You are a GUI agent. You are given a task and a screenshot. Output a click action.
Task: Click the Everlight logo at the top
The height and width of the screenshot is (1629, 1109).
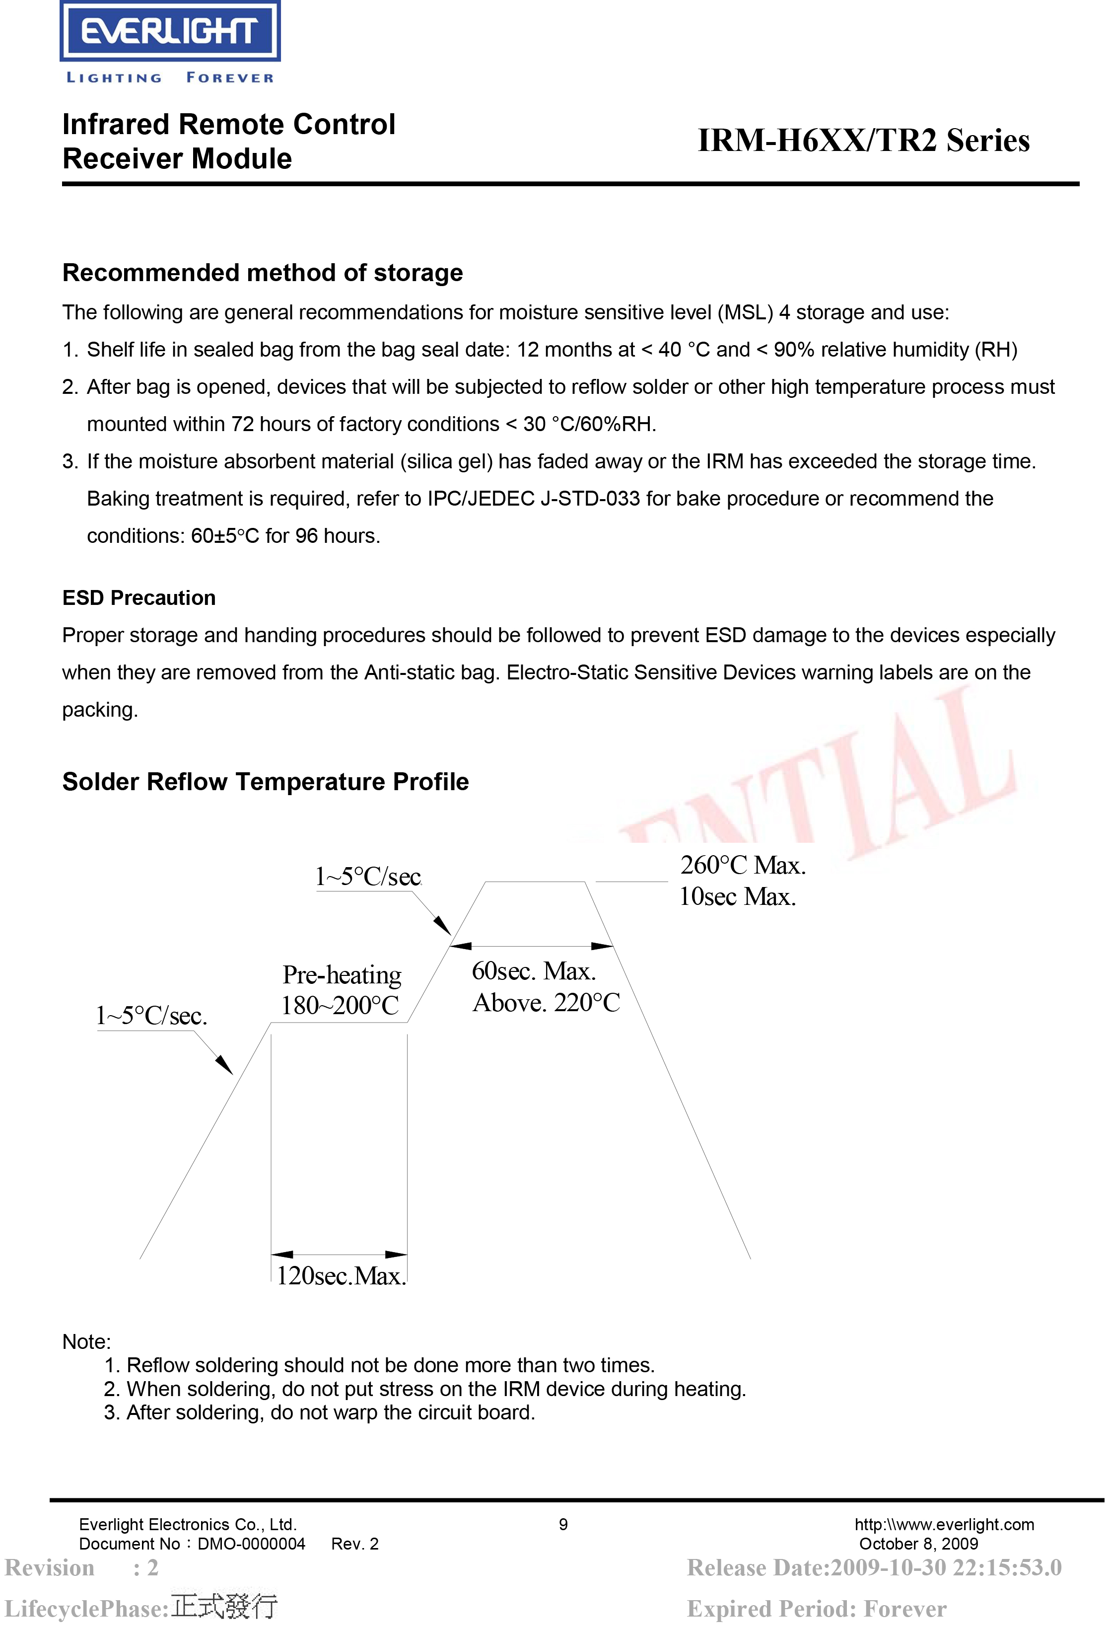coord(170,32)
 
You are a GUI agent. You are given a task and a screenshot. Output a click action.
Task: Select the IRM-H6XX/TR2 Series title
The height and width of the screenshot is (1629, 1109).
coord(863,140)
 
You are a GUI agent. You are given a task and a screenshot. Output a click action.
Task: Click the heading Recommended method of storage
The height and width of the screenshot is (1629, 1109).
coord(263,273)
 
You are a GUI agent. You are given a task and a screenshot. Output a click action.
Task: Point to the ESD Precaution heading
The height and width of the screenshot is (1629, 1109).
coord(139,598)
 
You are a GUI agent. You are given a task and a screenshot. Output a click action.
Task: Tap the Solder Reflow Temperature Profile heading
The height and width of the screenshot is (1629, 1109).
coord(266,782)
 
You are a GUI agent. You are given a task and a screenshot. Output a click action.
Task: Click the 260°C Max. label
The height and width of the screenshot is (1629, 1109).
coord(743,865)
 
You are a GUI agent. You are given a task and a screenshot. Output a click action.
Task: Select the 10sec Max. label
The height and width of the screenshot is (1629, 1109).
coord(737,896)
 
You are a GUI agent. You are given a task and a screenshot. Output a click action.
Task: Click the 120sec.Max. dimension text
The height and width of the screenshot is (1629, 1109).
coord(341,1276)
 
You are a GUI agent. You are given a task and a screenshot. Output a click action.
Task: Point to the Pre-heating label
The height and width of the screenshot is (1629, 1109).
coord(342,974)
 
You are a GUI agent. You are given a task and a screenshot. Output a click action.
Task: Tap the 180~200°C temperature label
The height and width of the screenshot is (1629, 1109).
coord(340,1005)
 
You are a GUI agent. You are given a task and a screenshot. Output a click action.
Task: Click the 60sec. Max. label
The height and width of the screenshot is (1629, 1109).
coord(534,971)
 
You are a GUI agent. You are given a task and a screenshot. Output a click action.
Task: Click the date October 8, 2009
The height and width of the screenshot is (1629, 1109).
coord(918,1544)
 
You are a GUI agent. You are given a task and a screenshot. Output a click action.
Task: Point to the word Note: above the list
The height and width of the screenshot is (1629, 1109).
coord(87,1341)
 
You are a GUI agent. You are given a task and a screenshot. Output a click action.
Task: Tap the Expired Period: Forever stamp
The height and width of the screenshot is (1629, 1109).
coord(817,1609)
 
